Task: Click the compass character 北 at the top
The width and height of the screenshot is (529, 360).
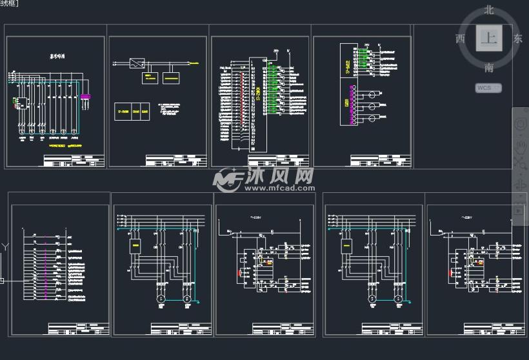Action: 489,10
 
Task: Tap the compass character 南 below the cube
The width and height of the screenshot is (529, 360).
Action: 489,67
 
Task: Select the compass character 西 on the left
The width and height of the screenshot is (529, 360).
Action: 460,39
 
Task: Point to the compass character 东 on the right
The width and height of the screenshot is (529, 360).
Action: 517,39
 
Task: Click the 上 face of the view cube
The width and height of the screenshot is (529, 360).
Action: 488,39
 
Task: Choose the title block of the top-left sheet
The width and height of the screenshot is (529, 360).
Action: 74,160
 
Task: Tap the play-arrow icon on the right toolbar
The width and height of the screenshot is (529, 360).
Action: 519,210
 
